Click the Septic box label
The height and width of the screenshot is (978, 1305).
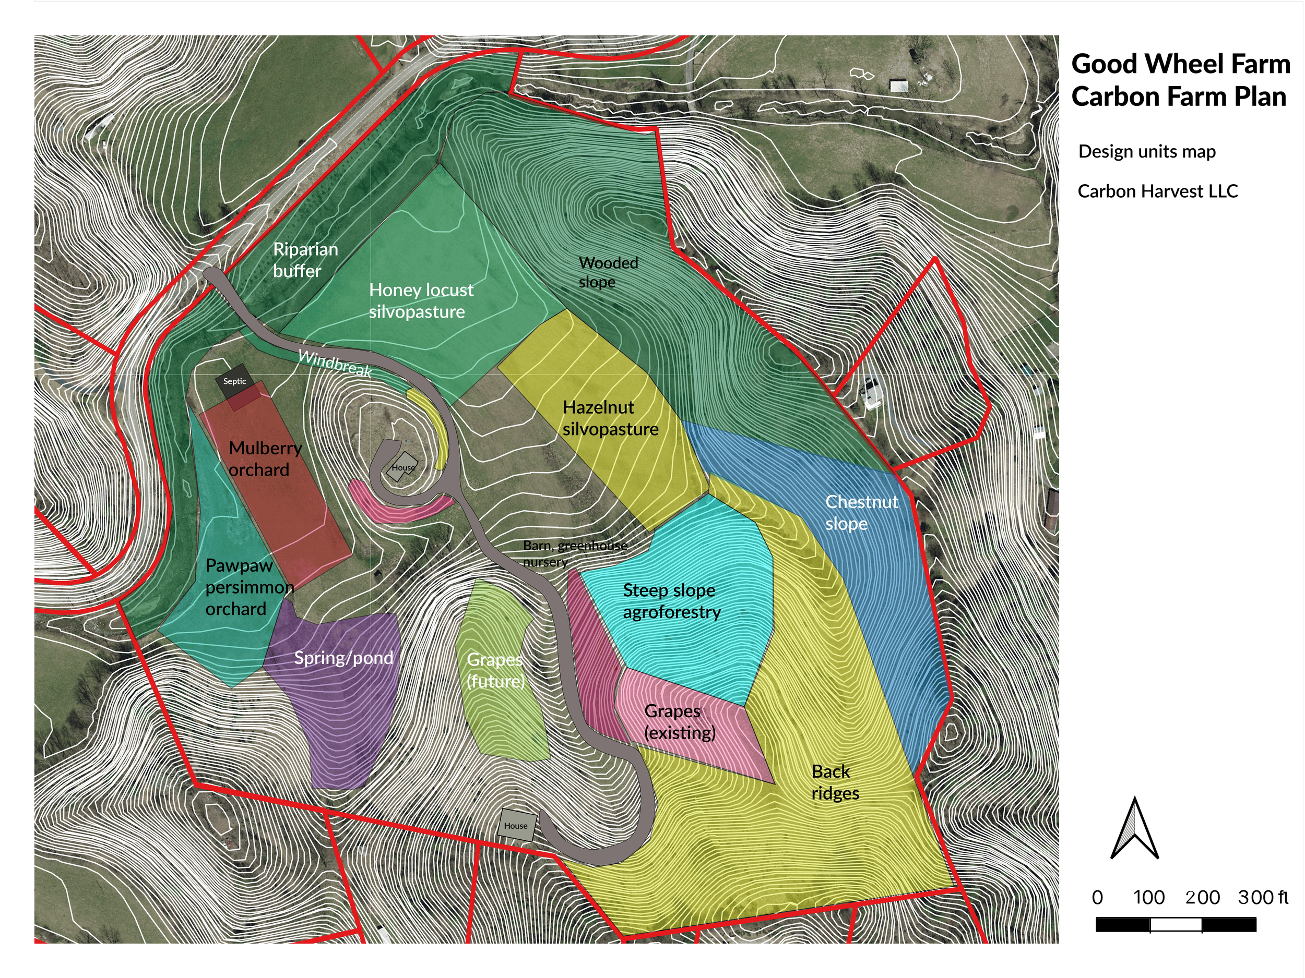pos(234,381)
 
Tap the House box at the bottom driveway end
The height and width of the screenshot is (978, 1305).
pos(516,825)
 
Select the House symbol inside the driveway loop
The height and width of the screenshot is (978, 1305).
pos(403,467)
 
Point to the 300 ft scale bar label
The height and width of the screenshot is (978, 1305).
pos(1263,897)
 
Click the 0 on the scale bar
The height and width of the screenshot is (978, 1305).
pos(1097,897)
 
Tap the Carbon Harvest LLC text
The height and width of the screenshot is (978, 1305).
pos(1157,191)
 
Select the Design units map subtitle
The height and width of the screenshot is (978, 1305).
pos(1146,151)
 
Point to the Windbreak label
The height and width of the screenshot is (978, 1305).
pos(335,363)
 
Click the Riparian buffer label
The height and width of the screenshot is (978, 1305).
pos(304,260)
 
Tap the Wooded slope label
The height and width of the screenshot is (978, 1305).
pos(608,272)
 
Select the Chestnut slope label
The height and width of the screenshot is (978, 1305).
pos(861,512)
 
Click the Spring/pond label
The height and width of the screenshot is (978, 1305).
pos(343,658)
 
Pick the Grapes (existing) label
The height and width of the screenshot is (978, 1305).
pos(679,721)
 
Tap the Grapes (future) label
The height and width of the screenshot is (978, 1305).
pos(495,670)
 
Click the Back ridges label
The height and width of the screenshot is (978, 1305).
pos(834,782)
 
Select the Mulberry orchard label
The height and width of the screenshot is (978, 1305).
pos(265,458)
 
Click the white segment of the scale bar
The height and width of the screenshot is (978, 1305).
pos(1176,924)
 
